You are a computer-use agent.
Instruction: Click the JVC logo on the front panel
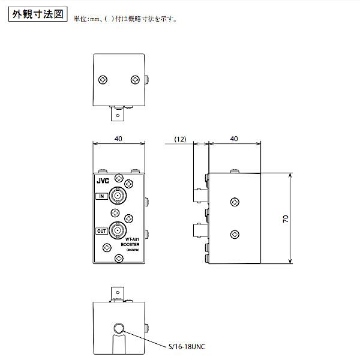(102, 178)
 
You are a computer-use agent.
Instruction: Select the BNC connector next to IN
(118, 196)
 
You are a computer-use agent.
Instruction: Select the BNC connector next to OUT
(118, 231)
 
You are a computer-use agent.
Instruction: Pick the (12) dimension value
(180, 139)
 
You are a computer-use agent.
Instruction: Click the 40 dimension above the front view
(118, 139)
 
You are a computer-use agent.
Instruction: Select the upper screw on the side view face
(233, 200)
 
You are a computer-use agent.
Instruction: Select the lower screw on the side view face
(233, 233)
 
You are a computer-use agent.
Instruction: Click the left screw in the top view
(104, 79)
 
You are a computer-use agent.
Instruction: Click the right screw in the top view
(134, 79)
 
